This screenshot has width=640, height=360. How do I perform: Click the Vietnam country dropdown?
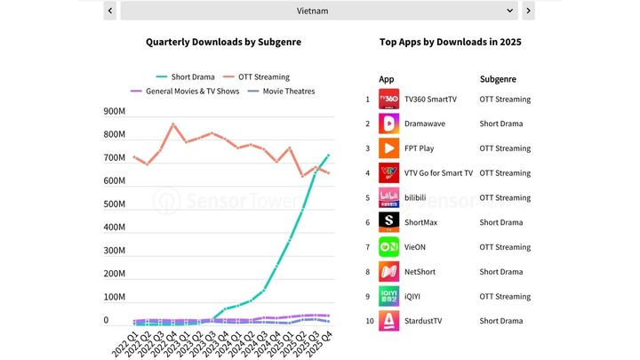[317, 11]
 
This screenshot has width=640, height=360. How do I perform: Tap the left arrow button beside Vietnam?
[110, 11]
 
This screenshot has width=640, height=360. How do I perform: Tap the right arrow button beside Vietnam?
[528, 11]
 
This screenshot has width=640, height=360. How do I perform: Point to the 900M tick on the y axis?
[115, 112]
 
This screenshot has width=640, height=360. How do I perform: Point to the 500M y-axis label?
[115, 204]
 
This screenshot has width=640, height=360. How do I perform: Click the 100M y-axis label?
[115, 297]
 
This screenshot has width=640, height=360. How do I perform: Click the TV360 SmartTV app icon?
[389, 99]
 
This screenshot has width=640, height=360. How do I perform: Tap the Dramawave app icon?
[389, 124]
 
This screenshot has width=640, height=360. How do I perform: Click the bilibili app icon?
[389, 197]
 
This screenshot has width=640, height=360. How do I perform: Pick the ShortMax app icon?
[389, 222]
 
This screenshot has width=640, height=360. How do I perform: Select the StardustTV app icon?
[389, 321]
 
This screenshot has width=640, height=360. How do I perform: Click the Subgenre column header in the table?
[499, 79]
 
